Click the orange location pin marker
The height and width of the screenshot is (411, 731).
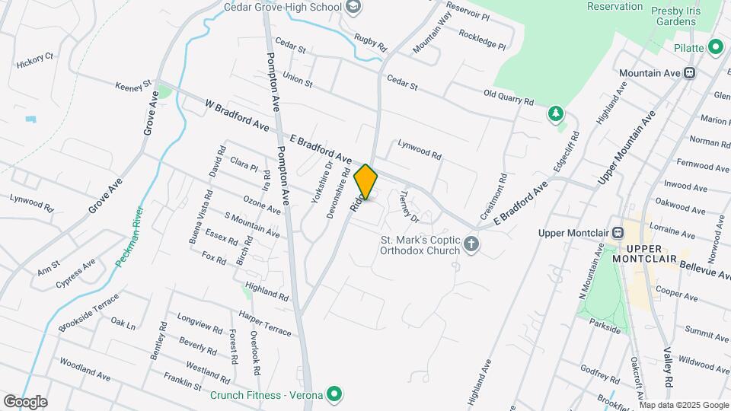[x=366, y=182]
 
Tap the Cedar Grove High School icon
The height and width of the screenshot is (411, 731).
[x=353, y=7]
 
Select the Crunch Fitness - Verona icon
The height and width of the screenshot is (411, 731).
[x=334, y=393]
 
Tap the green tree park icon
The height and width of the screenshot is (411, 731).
[x=557, y=114]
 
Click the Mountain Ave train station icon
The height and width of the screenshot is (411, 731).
[x=689, y=73]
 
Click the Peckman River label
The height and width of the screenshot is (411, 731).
[x=129, y=235]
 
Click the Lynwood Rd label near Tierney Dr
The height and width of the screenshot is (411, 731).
[x=419, y=149]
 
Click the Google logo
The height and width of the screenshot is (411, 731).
[x=24, y=402]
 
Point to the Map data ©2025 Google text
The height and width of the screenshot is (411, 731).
[x=685, y=405]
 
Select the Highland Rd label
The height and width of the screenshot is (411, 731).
[x=267, y=292]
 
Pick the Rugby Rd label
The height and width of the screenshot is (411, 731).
[x=368, y=40]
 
